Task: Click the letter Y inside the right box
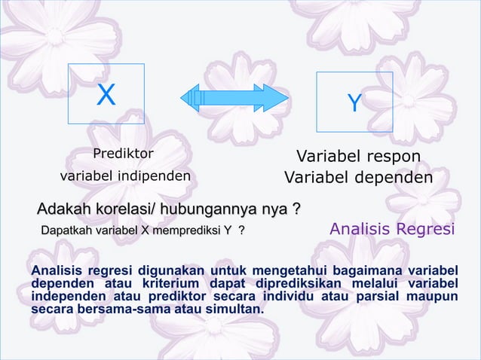pyautogui.click(x=354, y=103)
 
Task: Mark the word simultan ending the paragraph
pyautogui.click(x=235, y=309)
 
